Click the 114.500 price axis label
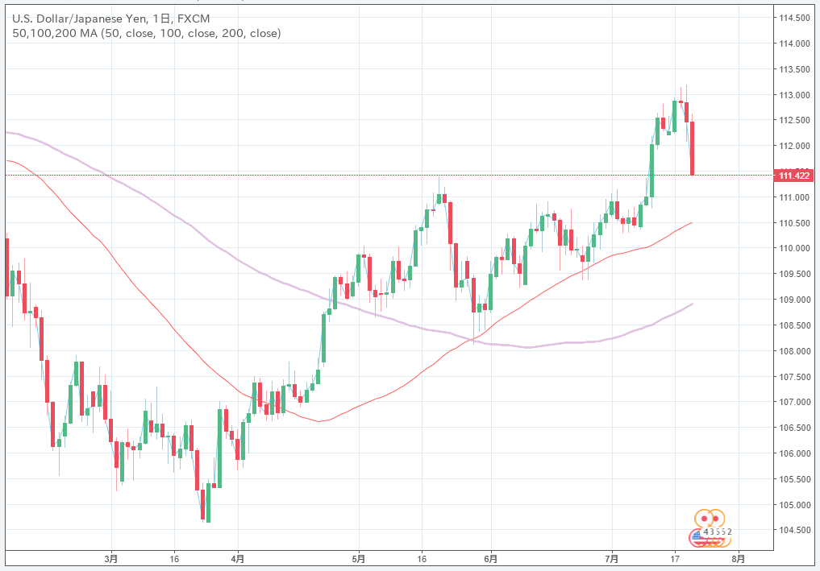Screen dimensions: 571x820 point(793,18)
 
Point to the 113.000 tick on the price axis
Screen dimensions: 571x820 point(793,95)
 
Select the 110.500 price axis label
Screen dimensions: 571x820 point(793,223)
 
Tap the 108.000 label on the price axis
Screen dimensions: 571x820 point(793,351)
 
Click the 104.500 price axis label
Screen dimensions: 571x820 point(793,530)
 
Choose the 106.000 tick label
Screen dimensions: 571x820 point(793,453)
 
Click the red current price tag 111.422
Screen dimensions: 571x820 point(793,175)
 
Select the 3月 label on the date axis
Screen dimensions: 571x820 point(112,557)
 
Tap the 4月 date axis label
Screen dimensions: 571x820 point(237,557)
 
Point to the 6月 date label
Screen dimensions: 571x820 point(490,557)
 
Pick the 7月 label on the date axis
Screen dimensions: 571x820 point(612,557)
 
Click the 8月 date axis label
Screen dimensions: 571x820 point(737,557)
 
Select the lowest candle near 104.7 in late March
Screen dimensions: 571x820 point(207,503)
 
